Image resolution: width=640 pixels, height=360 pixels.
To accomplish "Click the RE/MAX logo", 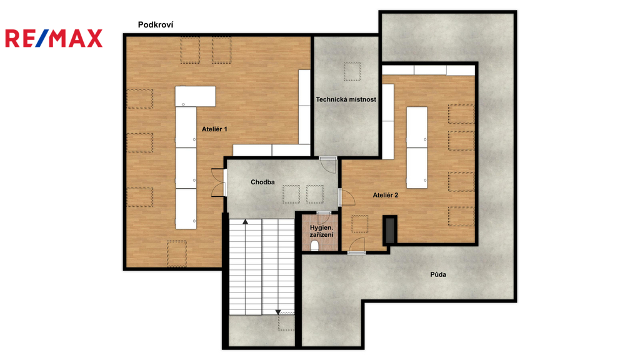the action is coord(54,38).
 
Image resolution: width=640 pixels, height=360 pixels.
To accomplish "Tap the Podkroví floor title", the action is coord(156,25).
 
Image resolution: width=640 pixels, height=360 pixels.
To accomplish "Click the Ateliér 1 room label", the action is coord(214,129).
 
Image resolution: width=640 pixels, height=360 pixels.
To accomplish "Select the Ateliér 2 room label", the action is coord(385,195).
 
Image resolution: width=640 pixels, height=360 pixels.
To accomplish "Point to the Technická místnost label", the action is coord(346,99).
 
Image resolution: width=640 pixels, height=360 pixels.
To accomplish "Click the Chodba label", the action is coord(262,182).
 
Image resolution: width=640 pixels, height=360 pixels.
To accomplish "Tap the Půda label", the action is coord(438,274).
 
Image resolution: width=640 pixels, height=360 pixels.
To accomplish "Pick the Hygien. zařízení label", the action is coord(321,231).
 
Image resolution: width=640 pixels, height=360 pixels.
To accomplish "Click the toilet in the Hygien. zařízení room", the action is coord(315,246).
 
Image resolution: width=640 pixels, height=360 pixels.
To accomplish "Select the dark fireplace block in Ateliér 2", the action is coord(390,231).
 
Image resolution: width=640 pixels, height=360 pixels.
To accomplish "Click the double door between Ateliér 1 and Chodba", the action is coord(219,182).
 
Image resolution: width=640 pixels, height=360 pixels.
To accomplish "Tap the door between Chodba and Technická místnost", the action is coord(327,165).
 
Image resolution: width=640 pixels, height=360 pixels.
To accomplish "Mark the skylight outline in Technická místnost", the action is coord(352,71).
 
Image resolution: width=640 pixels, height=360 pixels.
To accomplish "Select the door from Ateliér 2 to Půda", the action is coord(356,246).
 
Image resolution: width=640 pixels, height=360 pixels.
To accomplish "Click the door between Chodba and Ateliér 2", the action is coord(346,197).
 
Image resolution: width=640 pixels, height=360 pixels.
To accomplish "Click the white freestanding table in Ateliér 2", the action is coord(417,147).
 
